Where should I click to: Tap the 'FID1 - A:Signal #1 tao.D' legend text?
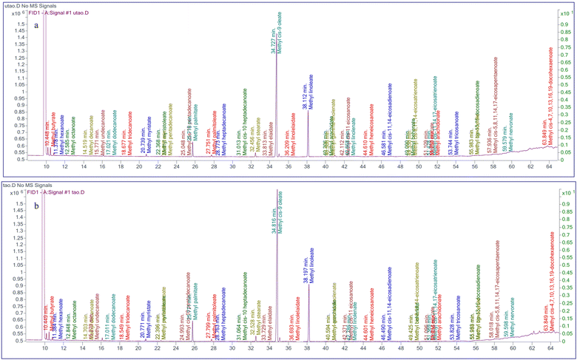coord(77,186)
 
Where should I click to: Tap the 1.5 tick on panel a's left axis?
coord(33,23)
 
